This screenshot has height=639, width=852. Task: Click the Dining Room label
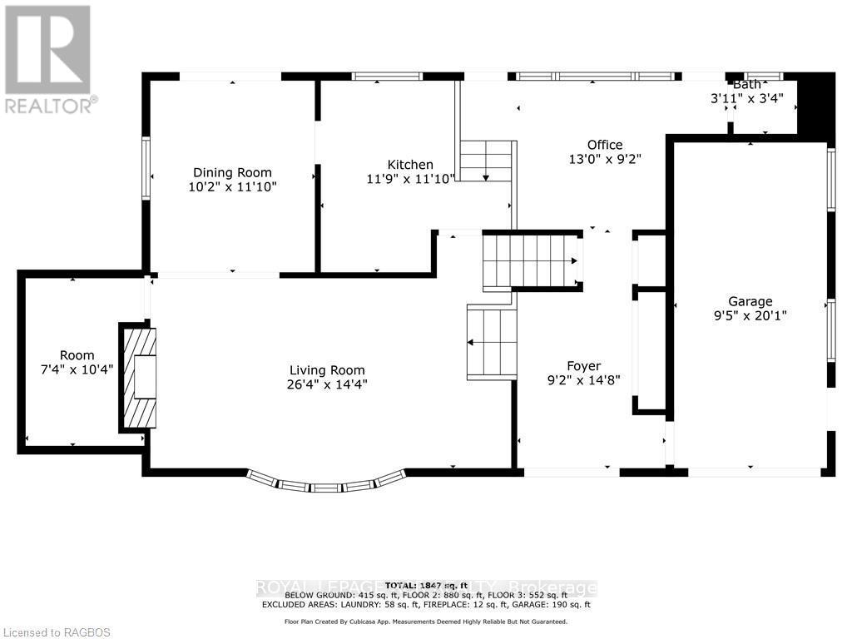coord(232,173)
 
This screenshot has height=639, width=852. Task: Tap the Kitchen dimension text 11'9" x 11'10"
coord(410,179)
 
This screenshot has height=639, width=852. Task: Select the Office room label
coord(604,145)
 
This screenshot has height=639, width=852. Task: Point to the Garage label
coord(750,301)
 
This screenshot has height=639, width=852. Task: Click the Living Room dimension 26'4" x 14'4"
coord(327,384)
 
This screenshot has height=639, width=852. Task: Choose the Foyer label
coord(583,366)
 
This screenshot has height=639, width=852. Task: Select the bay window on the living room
coord(326,483)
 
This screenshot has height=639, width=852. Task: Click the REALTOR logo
coord(49,58)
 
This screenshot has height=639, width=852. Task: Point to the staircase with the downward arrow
coord(486,161)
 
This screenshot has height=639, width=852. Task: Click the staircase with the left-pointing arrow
coord(492,342)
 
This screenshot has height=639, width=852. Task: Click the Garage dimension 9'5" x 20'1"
coord(750,315)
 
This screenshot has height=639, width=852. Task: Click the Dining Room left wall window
coord(146,169)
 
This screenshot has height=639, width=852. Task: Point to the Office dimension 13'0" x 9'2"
coord(604,158)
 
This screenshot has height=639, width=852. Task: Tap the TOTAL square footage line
coord(426,586)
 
